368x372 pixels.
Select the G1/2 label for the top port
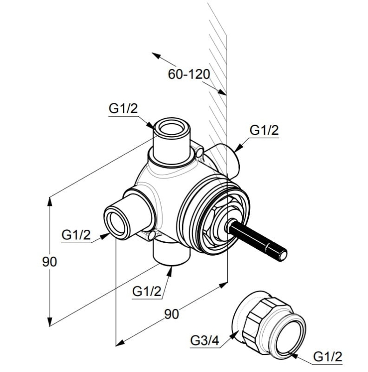click(123, 108)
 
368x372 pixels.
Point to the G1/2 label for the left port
click(76, 235)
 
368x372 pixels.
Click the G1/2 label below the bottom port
click(147, 292)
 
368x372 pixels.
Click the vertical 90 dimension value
click(49, 262)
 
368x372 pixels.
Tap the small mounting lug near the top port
click(199, 152)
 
